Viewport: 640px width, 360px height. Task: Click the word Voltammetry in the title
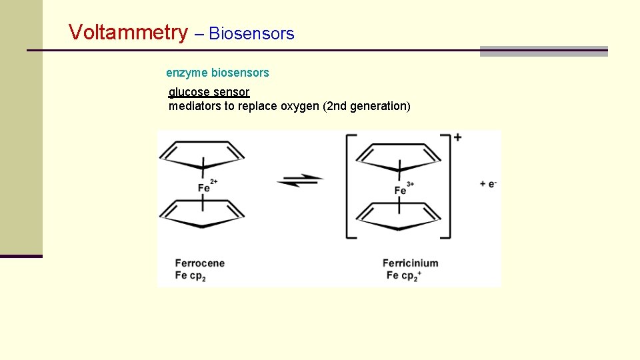click(x=129, y=32)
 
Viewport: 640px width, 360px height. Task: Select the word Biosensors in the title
click(x=251, y=34)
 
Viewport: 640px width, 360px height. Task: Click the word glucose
click(x=189, y=92)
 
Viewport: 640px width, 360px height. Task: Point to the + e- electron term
click(x=488, y=183)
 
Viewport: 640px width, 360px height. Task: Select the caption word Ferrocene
click(x=200, y=263)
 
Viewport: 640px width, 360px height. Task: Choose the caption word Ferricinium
click(x=410, y=263)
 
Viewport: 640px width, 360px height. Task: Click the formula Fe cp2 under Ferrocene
click(x=191, y=275)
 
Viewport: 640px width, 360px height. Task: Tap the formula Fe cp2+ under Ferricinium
click(x=403, y=275)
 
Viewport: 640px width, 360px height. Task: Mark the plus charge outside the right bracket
click(x=458, y=137)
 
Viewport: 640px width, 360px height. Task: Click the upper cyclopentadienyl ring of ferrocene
click(x=202, y=155)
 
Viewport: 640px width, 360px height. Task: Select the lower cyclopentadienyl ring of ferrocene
click(x=202, y=215)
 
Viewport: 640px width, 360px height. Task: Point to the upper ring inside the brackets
click(x=399, y=157)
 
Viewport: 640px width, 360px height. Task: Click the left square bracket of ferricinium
click(x=349, y=186)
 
